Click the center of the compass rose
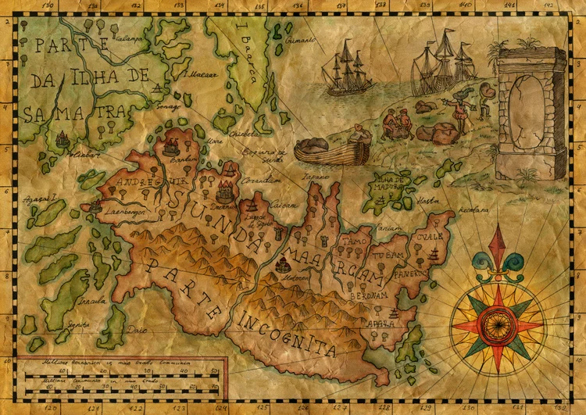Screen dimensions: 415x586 point(497,321)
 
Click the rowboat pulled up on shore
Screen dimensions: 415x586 point(332,148)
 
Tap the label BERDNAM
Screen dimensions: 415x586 point(368,295)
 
